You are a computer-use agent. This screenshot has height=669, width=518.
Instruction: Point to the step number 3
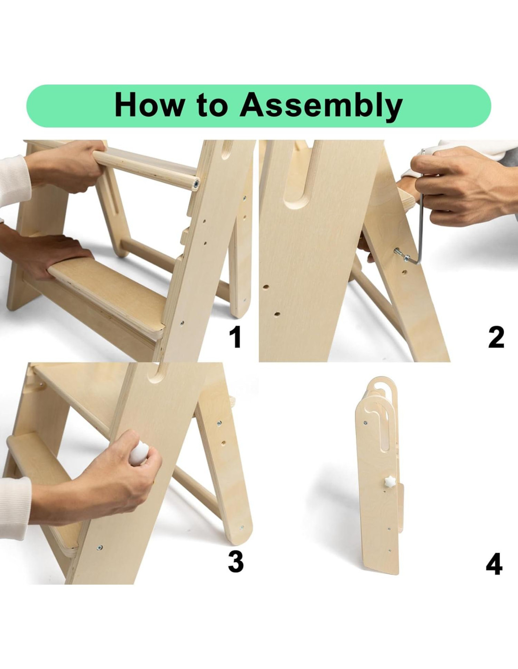236,562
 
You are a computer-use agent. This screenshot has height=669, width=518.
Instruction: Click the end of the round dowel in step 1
196,184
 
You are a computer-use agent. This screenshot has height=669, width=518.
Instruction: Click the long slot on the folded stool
385,428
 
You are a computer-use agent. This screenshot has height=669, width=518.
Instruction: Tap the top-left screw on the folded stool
365,422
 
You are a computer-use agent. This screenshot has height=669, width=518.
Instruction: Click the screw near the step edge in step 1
182,323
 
